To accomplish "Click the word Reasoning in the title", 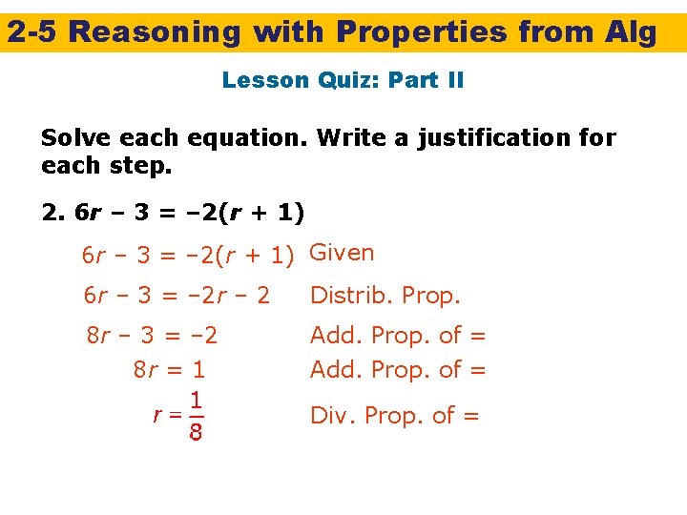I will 156,32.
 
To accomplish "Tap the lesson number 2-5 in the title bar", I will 33,32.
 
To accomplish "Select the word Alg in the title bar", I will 631,32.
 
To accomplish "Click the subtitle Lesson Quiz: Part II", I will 343,80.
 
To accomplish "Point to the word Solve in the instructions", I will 73,138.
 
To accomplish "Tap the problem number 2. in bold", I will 52,211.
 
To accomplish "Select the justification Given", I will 343,253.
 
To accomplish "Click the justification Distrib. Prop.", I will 385,296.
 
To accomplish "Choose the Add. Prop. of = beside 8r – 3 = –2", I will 398,336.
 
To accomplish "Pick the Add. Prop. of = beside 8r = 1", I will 398,369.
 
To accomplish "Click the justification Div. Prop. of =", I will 394,415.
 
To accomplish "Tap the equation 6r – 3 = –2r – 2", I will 177,296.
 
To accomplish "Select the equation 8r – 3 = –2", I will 152,336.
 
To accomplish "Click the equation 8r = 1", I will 169,369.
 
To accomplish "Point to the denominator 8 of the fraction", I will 195,435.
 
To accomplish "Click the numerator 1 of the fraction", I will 195,401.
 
